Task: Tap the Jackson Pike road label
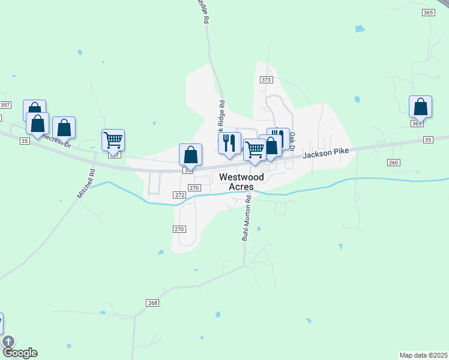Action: coord(326,154)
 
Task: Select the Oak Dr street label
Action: coord(292,141)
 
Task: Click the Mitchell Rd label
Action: coord(86,184)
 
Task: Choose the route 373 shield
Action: coord(267,80)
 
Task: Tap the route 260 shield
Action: coord(394,163)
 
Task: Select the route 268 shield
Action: coord(152,303)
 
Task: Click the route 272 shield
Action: coord(179,195)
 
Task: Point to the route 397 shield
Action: coord(5,105)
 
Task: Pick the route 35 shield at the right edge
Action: coord(427,140)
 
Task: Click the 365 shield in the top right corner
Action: coord(428,13)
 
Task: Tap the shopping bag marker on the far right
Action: coord(420,107)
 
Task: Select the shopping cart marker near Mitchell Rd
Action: coord(113,140)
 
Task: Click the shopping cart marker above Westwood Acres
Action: coord(255,149)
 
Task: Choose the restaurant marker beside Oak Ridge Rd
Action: coord(229,143)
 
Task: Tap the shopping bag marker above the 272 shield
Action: coord(190,155)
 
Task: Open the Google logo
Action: coord(20,352)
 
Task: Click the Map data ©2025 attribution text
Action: coord(423,355)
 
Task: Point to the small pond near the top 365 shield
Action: coord(360,28)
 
